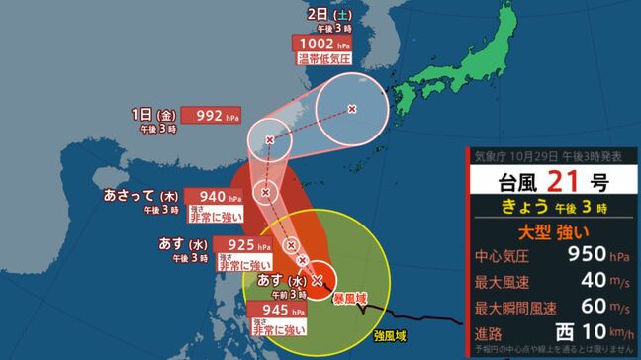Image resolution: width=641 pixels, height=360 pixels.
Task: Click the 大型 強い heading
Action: [x=555, y=234]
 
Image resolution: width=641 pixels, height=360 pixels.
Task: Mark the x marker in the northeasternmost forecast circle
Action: [x=353, y=109]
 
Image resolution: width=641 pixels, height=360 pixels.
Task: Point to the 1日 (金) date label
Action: [x=137, y=114]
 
